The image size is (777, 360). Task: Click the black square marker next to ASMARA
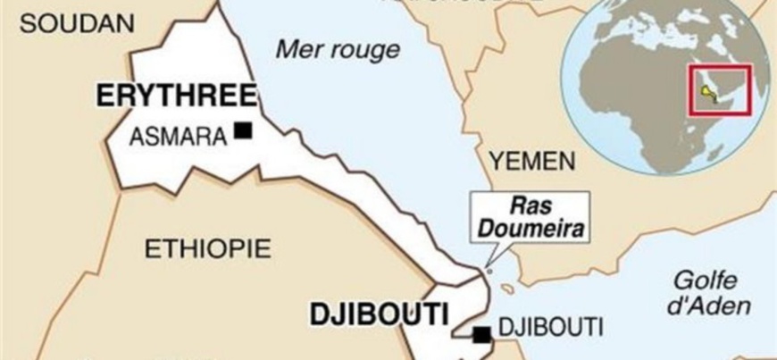click(x=242, y=131)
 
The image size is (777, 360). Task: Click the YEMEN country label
click(x=531, y=162)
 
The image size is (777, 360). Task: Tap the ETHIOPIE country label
click(x=206, y=247)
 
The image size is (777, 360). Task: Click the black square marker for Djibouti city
click(x=482, y=335)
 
